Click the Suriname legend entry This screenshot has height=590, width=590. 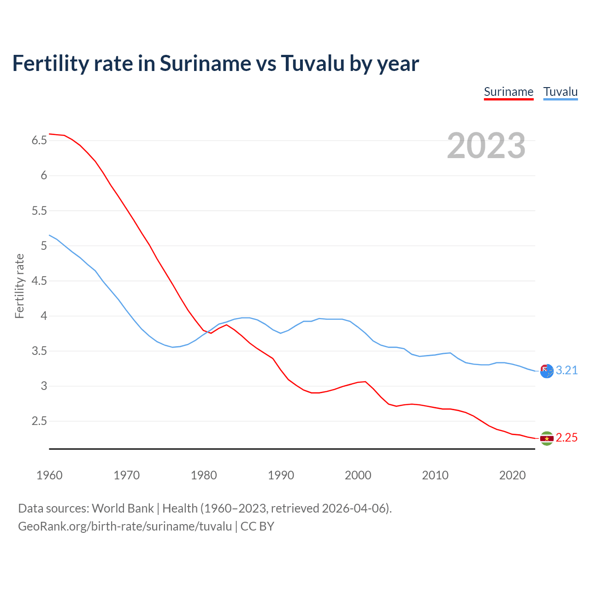coord(508,92)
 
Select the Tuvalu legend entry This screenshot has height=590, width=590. coord(560,92)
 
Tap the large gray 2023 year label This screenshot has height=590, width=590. coord(486,146)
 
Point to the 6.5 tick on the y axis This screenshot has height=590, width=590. coord(39,140)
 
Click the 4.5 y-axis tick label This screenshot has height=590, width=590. coord(39,281)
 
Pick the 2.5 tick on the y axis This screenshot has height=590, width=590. coord(39,421)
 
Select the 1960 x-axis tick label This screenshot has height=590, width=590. coord(49,475)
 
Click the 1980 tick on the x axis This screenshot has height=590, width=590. coord(204,475)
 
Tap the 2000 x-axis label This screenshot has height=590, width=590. coord(358,475)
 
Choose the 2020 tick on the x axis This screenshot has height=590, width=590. coord(512,475)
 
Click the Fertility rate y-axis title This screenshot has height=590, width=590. coord(19,286)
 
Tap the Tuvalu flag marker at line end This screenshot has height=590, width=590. coord(547,371)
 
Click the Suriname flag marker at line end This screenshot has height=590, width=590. coord(547,438)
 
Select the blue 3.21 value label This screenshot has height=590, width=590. coord(566,371)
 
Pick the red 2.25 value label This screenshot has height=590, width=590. coord(566,438)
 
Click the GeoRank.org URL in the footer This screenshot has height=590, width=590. coord(125,526)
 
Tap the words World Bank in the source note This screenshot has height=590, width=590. coord(123,508)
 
